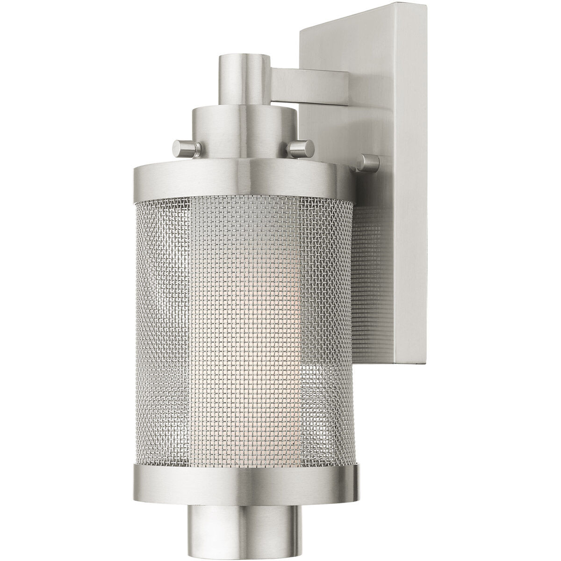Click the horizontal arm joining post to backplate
click(309, 80)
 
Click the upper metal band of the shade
click(243, 180)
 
